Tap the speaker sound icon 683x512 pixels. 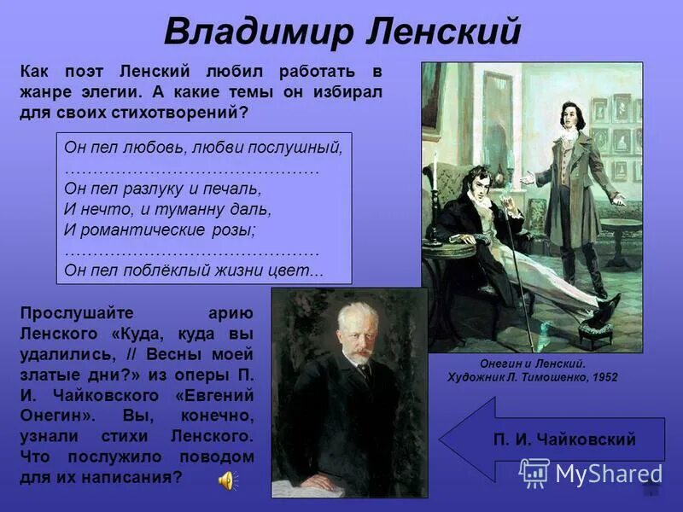tap(226, 480)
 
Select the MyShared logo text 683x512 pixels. tap(608, 473)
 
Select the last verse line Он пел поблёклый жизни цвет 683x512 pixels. tap(194, 270)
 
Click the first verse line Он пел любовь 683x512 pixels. tap(203, 146)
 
